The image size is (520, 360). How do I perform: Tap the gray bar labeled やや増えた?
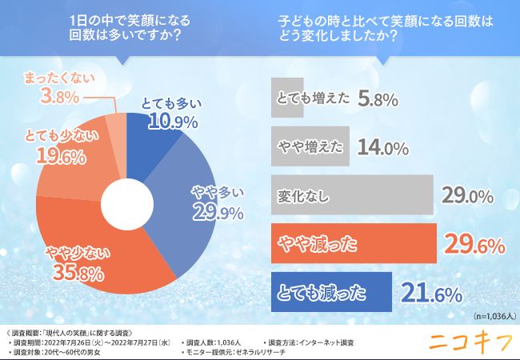(x=309, y=146)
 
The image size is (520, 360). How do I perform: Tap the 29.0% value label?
(x=467, y=194)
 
